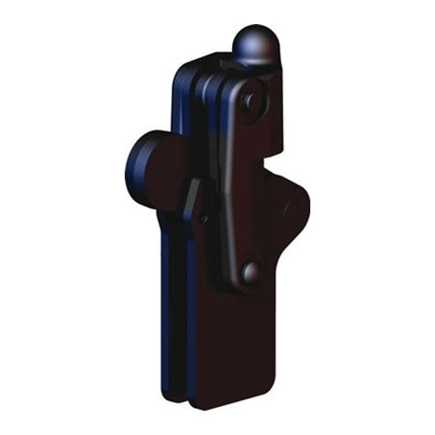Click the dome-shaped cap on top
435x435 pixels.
[255, 43]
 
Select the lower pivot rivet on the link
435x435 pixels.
[250, 274]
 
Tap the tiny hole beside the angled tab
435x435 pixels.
[205, 217]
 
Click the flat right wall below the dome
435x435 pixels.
[275, 116]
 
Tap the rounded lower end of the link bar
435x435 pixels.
[248, 282]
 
